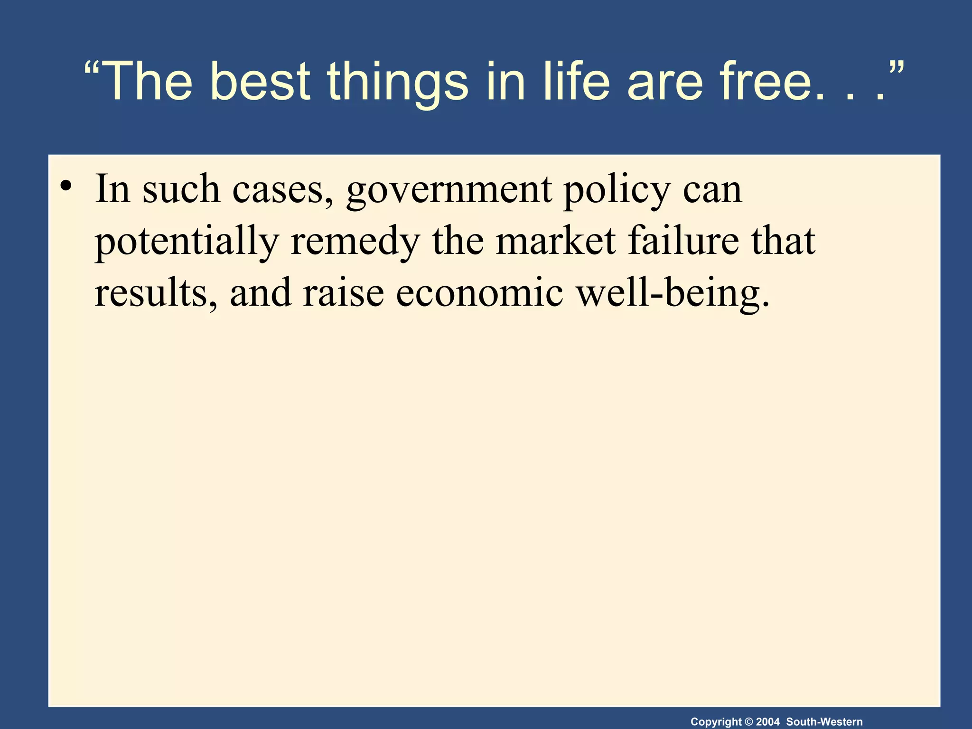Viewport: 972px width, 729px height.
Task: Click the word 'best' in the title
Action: click(x=260, y=82)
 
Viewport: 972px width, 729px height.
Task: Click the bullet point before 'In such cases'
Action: click(x=66, y=186)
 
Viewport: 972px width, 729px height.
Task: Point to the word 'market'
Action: click(x=556, y=241)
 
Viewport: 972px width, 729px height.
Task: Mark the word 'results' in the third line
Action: click(x=151, y=293)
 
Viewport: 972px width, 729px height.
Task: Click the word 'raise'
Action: click(x=343, y=293)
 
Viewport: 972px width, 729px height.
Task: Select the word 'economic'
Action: click(x=479, y=293)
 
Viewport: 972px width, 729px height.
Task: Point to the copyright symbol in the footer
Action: click(x=749, y=722)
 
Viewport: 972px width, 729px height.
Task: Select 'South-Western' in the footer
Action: click(x=824, y=722)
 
